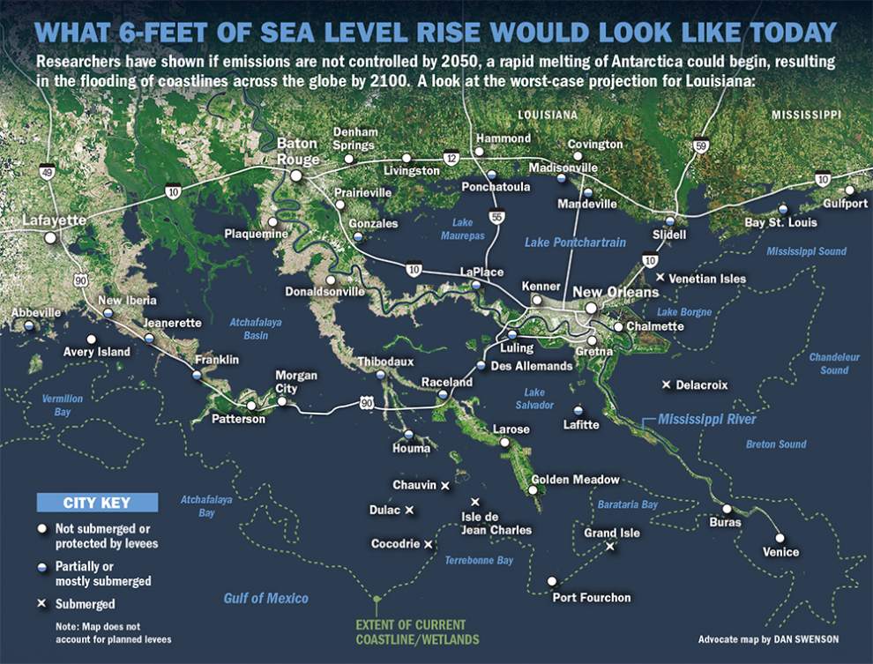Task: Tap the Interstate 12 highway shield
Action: tap(451, 158)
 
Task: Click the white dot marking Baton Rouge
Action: tap(297, 175)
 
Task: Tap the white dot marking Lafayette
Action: tap(51, 237)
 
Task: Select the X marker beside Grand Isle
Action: tap(609, 547)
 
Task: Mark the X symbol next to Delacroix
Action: tap(666, 384)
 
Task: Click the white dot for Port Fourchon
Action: tap(551, 581)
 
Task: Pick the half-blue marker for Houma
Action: tap(408, 434)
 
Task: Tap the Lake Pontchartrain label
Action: tap(575, 242)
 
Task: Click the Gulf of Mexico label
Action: tap(265, 599)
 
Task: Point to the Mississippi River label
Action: tap(707, 420)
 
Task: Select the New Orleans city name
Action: tap(616, 292)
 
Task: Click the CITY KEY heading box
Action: tap(97, 503)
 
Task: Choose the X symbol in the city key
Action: tap(41, 605)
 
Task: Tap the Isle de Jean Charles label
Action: tap(496, 523)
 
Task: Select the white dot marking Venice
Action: tap(780, 537)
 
